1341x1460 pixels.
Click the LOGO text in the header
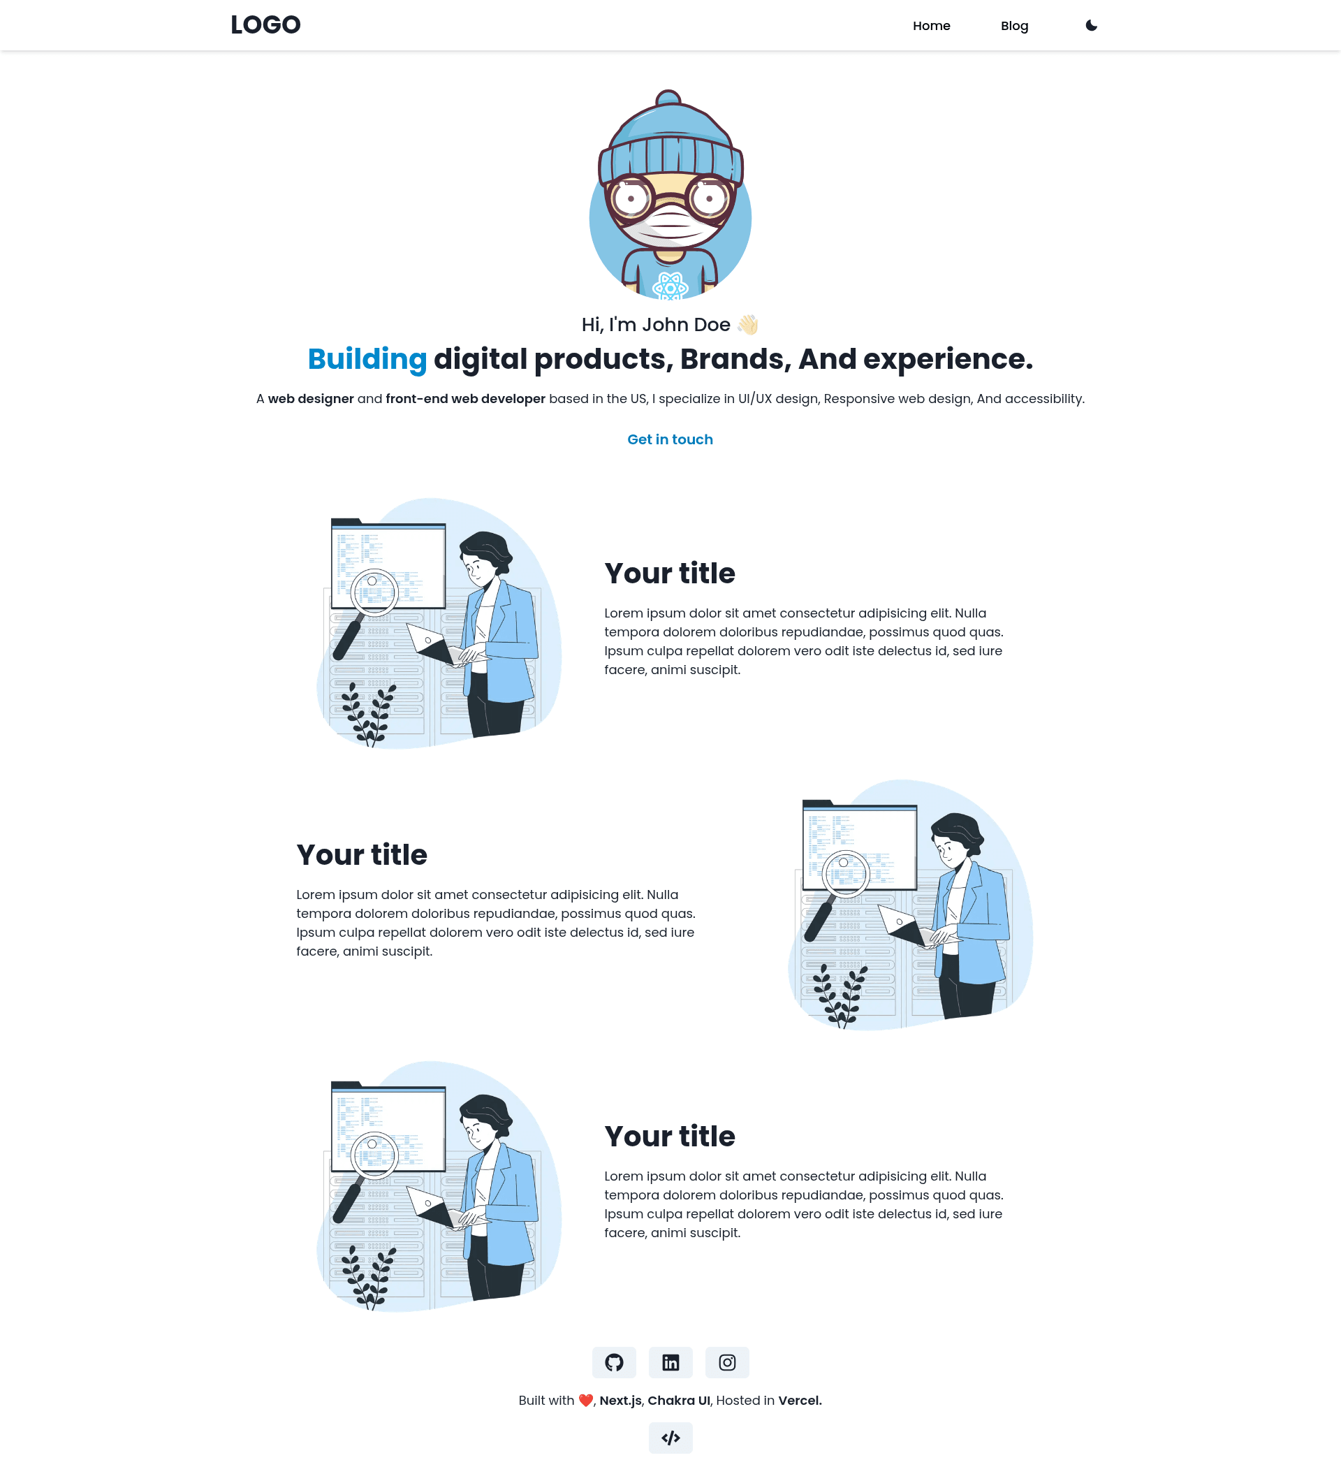click(265, 25)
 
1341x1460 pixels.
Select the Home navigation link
click(931, 26)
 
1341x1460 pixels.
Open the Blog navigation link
click(1013, 26)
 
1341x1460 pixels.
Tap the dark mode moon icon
click(1091, 25)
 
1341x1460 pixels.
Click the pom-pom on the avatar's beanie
click(668, 97)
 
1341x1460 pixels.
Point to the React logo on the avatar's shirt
click(670, 287)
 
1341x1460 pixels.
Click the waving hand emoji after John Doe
click(747, 324)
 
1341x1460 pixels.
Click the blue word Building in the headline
click(367, 359)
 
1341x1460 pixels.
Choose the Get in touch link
click(670, 439)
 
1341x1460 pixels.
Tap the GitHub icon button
click(614, 1362)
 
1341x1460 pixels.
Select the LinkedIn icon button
click(670, 1362)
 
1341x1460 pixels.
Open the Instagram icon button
click(727, 1362)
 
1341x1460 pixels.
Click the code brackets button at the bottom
click(670, 1438)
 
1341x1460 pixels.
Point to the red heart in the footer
click(585, 1401)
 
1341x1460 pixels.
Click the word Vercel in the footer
click(800, 1401)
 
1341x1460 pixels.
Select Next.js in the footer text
click(620, 1401)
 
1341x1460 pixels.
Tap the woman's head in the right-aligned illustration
click(956, 838)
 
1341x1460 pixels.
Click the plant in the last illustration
click(369, 1277)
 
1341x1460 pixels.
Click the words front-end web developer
click(465, 399)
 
